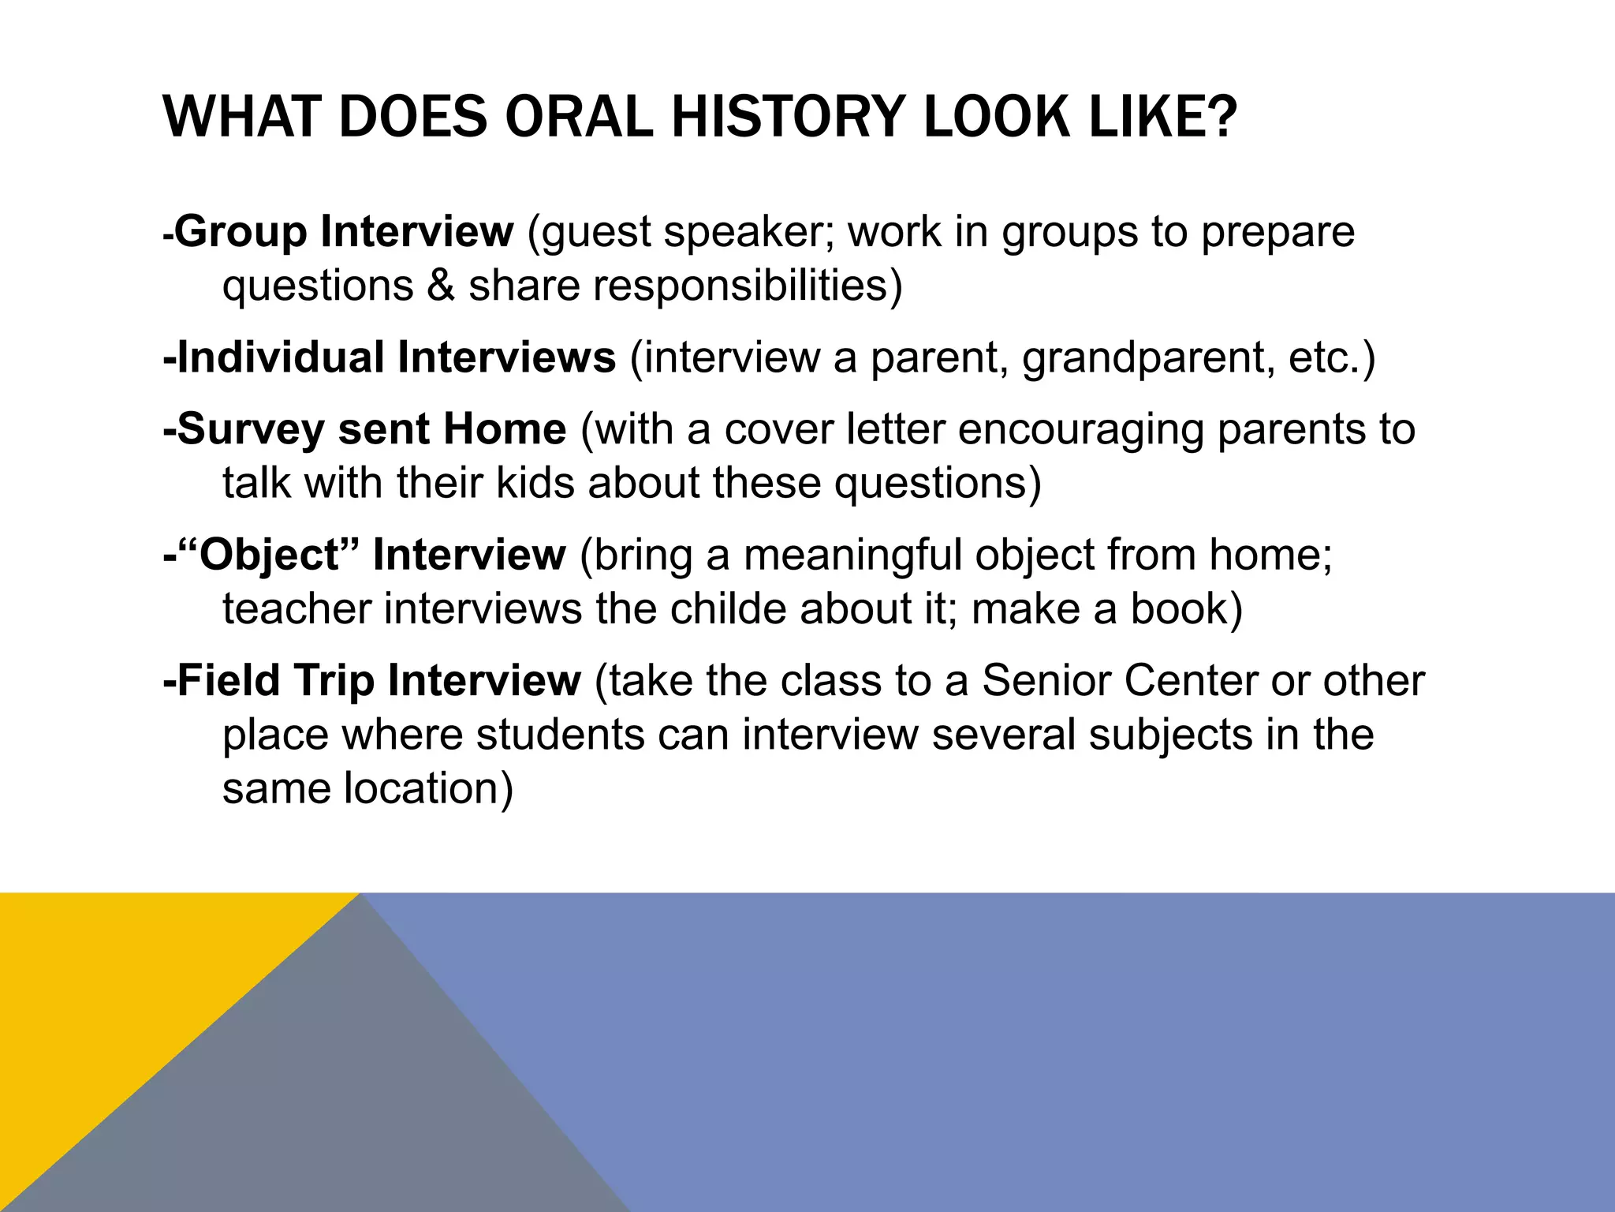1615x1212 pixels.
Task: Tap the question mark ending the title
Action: (1220, 118)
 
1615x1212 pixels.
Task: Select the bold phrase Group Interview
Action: (344, 232)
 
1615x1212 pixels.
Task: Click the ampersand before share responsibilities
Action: (441, 286)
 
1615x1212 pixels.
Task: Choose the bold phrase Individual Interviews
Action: (390, 357)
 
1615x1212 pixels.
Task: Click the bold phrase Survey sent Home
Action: (365, 429)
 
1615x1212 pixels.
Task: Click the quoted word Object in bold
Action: (269, 555)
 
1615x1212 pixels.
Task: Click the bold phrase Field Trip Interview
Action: (372, 681)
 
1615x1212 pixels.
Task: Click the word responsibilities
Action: (740, 286)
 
